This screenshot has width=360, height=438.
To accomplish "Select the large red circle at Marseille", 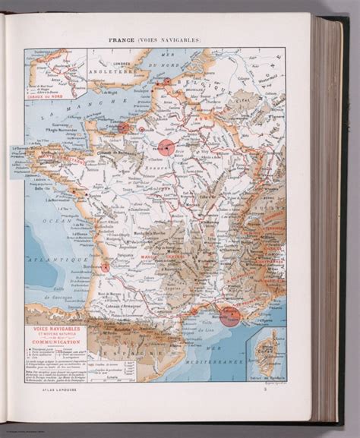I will pos(232,317).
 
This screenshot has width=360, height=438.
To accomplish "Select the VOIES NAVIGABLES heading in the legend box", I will pos(56,328).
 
